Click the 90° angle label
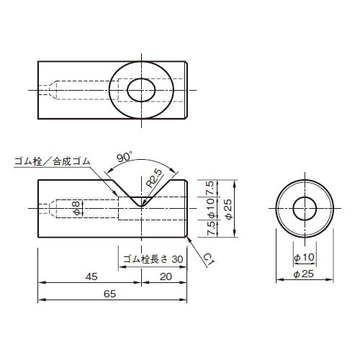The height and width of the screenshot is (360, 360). [125, 157]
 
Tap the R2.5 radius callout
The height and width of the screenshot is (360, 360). [154, 178]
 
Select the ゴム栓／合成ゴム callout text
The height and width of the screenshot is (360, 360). [52, 161]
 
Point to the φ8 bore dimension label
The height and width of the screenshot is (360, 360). [76, 208]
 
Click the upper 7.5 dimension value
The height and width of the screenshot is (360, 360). [210, 188]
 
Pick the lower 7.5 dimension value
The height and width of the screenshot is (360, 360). [210, 228]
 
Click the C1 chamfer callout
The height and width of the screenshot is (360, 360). [209, 260]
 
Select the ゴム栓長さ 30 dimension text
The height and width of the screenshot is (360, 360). [153, 259]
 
